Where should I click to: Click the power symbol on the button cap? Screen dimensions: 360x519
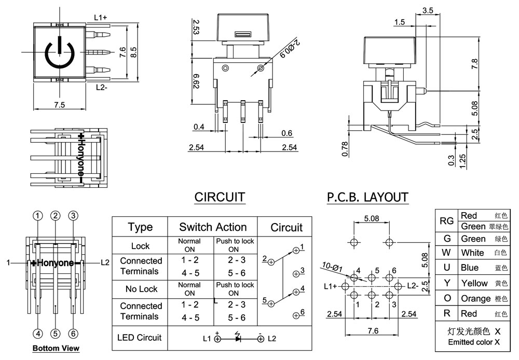click(60, 52)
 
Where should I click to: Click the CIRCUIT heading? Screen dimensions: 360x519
click(220, 197)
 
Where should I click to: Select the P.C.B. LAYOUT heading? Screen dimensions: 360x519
click(367, 197)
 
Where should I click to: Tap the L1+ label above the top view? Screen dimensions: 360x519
click(101, 18)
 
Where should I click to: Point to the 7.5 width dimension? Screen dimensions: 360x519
click(59, 105)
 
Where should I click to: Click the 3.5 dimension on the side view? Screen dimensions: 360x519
click(428, 10)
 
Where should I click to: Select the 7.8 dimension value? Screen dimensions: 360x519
click(474, 64)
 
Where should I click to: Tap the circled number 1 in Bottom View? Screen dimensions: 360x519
click(38, 215)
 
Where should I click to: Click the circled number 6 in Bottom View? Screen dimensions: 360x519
click(73, 334)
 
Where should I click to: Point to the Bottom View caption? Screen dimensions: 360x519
click(56, 349)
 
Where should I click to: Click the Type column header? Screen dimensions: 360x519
click(140, 227)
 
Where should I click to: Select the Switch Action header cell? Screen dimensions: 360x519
click(213, 227)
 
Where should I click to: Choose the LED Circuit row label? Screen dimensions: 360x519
click(141, 337)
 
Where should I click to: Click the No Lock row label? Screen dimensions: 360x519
click(141, 288)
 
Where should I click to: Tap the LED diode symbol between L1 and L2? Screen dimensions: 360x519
click(238, 339)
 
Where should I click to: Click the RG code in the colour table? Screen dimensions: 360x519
click(447, 221)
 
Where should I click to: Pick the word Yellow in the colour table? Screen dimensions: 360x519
click(474, 283)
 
